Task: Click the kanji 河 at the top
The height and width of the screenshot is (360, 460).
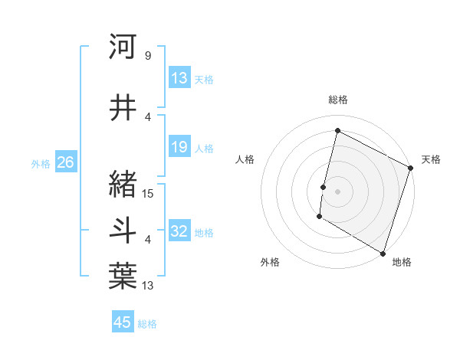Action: click(123, 47)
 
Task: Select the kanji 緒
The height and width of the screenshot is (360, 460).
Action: click(123, 185)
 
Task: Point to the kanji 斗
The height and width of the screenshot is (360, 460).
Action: click(123, 231)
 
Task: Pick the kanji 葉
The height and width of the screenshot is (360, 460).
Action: click(123, 277)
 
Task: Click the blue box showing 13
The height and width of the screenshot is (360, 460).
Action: click(179, 78)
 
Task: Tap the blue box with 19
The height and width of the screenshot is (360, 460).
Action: click(179, 147)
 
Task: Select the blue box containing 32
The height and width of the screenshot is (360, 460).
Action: click(179, 231)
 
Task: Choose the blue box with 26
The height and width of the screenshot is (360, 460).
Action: click(65, 162)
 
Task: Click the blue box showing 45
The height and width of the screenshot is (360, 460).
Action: click(123, 322)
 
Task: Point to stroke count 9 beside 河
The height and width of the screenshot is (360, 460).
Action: click(147, 56)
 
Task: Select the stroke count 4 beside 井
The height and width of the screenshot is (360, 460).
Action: click(147, 117)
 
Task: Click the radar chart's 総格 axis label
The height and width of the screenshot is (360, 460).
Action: click(338, 100)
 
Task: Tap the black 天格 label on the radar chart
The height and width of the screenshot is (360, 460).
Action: click(431, 159)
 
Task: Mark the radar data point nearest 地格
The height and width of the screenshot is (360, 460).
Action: click(383, 252)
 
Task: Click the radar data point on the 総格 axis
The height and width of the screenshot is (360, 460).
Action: click(337, 131)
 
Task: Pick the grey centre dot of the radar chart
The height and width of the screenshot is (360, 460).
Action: click(337, 191)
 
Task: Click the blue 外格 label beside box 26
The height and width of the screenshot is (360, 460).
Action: click(41, 163)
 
